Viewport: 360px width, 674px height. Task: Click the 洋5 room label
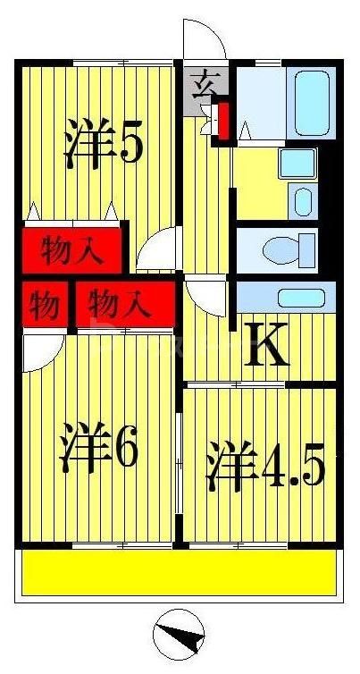tap(103, 145)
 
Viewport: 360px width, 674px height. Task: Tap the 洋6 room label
tap(98, 451)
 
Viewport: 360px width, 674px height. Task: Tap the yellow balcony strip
tap(179, 572)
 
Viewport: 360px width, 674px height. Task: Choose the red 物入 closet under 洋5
tap(71, 249)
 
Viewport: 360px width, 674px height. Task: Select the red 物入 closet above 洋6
tap(122, 306)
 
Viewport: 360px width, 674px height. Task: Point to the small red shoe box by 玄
tap(223, 122)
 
